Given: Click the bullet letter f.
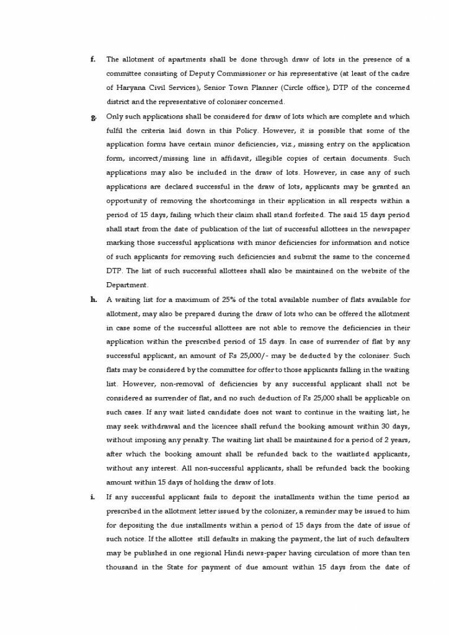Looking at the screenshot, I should click(92, 60).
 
